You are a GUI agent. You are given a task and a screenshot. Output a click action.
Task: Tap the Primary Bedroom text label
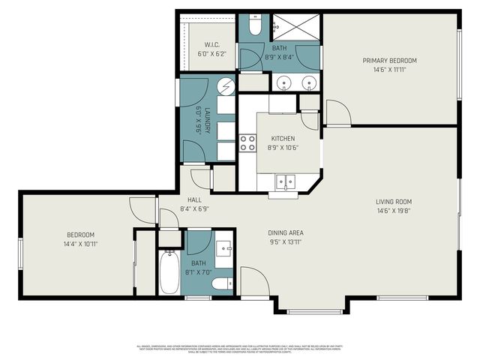pyautogui.click(x=389, y=61)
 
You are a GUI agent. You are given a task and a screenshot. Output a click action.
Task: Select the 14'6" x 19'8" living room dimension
pyautogui.click(x=394, y=211)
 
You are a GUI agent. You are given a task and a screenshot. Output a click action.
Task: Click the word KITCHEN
pyautogui.click(x=283, y=139)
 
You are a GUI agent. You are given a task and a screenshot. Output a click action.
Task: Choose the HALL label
pyautogui.click(x=194, y=199)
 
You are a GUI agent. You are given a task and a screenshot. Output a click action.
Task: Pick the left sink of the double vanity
pyautogui.click(x=283, y=82)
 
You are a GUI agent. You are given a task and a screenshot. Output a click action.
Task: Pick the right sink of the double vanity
pyautogui.click(x=307, y=82)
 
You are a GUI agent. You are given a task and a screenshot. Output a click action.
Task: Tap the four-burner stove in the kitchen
pyautogui.click(x=247, y=142)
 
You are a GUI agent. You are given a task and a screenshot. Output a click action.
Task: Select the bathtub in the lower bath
pyautogui.click(x=169, y=274)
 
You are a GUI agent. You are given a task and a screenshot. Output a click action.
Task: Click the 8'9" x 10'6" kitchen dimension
pyautogui.click(x=283, y=148)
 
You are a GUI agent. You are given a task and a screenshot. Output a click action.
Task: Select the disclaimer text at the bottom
pyautogui.click(x=240, y=349)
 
